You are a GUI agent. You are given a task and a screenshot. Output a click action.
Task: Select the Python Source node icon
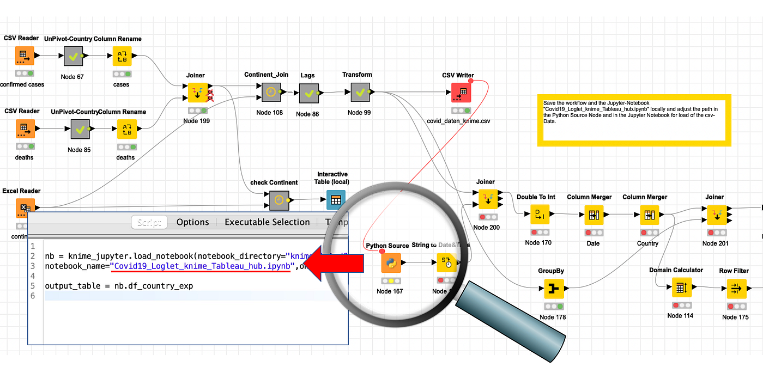(x=391, y=263)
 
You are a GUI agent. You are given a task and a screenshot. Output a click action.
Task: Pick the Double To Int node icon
(x=539, y=215)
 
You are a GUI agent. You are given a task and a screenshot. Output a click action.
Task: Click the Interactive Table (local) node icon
(x=336, y=200)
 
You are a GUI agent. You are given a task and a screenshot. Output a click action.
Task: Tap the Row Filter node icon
(x=736, y=288)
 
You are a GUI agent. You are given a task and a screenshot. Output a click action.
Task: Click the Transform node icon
(x=360, y=92)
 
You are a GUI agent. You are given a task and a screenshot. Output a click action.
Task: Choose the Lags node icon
(x=309, y=93)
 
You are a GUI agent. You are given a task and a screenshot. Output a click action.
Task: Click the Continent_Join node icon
(x=270, y=92)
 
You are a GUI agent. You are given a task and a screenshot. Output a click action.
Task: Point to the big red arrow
(x=333, y=264)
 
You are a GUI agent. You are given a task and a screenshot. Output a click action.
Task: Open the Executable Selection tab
(x=267, y=222)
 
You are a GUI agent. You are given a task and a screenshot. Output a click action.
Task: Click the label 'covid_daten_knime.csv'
(x=458, y=121)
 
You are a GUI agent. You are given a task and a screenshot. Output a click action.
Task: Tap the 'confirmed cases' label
(x=22, y=84)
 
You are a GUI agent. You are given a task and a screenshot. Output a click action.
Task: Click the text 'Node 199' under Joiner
(x=197, y=121)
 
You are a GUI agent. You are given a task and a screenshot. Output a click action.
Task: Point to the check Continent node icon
(x=278, y=200)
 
